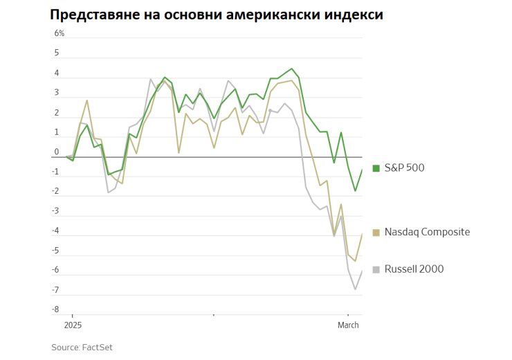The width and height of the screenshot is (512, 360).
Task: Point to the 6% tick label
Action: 60,33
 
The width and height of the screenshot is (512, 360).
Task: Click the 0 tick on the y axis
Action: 57,152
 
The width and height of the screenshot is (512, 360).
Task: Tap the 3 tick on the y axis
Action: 57,93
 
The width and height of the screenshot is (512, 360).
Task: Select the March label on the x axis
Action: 348,325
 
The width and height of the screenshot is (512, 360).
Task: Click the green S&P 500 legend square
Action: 376,168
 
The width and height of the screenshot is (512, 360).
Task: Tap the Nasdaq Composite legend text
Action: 426,232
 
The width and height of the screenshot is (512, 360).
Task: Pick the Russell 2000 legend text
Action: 414,269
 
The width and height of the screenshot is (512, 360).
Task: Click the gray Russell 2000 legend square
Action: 376,269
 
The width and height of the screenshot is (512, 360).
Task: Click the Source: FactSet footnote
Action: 82,347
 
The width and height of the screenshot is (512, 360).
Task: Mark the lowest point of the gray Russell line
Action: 355,289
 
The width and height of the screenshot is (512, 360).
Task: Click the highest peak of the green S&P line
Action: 291,69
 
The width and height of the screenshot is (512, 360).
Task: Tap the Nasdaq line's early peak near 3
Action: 87,100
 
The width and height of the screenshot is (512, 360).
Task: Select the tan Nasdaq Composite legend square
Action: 376,233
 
